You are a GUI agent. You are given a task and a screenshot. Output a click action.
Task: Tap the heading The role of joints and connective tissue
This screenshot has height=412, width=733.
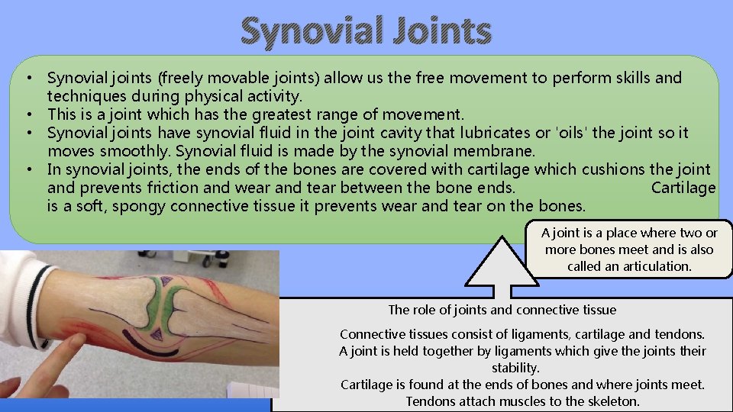502,310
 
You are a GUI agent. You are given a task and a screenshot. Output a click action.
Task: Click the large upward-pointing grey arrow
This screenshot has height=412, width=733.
502,267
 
